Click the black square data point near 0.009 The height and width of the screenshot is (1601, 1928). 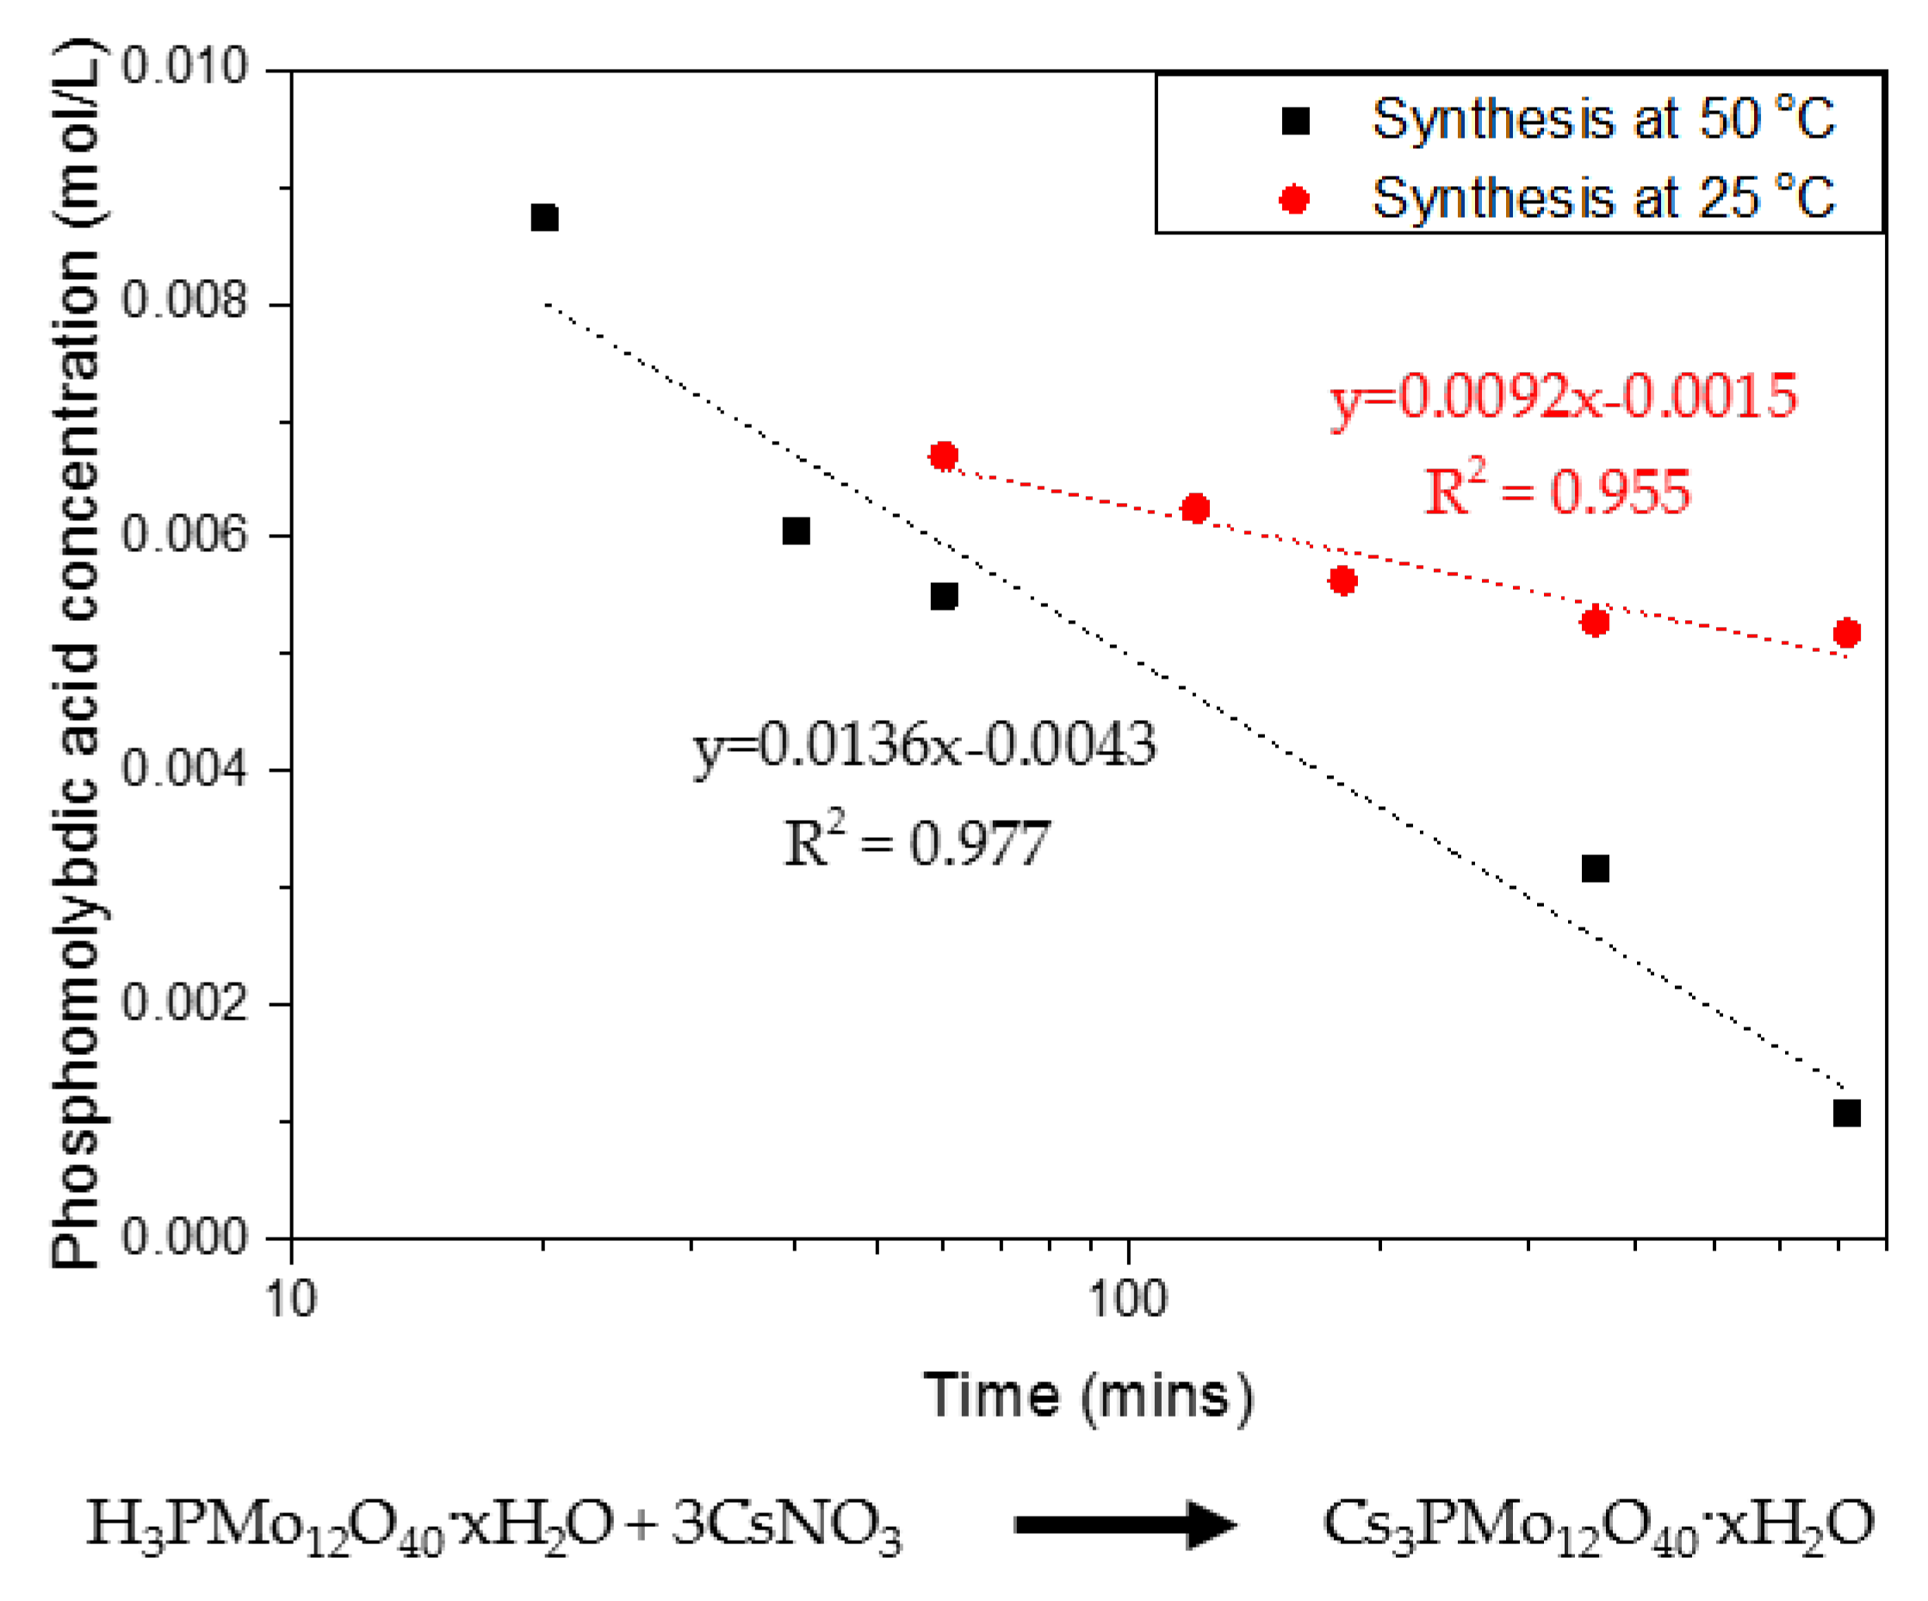point(544,219)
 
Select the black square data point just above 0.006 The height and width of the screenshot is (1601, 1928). point(796,531)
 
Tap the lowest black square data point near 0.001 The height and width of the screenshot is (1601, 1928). point(1846,1114)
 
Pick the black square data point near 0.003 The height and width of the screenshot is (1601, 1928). point(1596,868)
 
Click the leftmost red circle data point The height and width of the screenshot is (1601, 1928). point(943,456)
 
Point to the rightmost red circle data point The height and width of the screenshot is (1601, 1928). point(1846,632)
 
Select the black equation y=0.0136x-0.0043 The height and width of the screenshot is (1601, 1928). point(925,744)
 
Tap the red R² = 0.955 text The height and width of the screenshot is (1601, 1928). point(1557,489)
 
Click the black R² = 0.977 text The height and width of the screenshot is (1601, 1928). point(916,841)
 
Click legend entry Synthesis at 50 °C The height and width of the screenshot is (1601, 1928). point(1603,120)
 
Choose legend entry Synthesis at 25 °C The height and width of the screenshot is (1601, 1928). point(1603,198)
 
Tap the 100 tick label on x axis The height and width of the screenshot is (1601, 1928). point(1127,1300)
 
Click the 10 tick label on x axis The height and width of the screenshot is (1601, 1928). point(291,1300)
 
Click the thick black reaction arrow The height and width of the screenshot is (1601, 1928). point(1125,1525)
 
